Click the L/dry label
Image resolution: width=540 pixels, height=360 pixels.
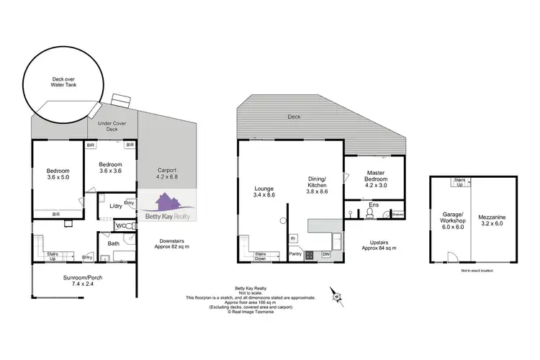(114, 207)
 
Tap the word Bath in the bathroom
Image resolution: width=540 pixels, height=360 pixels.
(113, 243)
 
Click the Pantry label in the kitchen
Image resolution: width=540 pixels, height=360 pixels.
(294, 254)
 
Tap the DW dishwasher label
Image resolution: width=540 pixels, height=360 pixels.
(325, 254)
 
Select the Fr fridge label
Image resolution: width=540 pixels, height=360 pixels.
(293, 238)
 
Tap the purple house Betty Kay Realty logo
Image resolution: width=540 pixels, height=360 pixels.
(168, 204)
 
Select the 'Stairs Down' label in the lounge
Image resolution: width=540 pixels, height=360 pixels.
(262, 256)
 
